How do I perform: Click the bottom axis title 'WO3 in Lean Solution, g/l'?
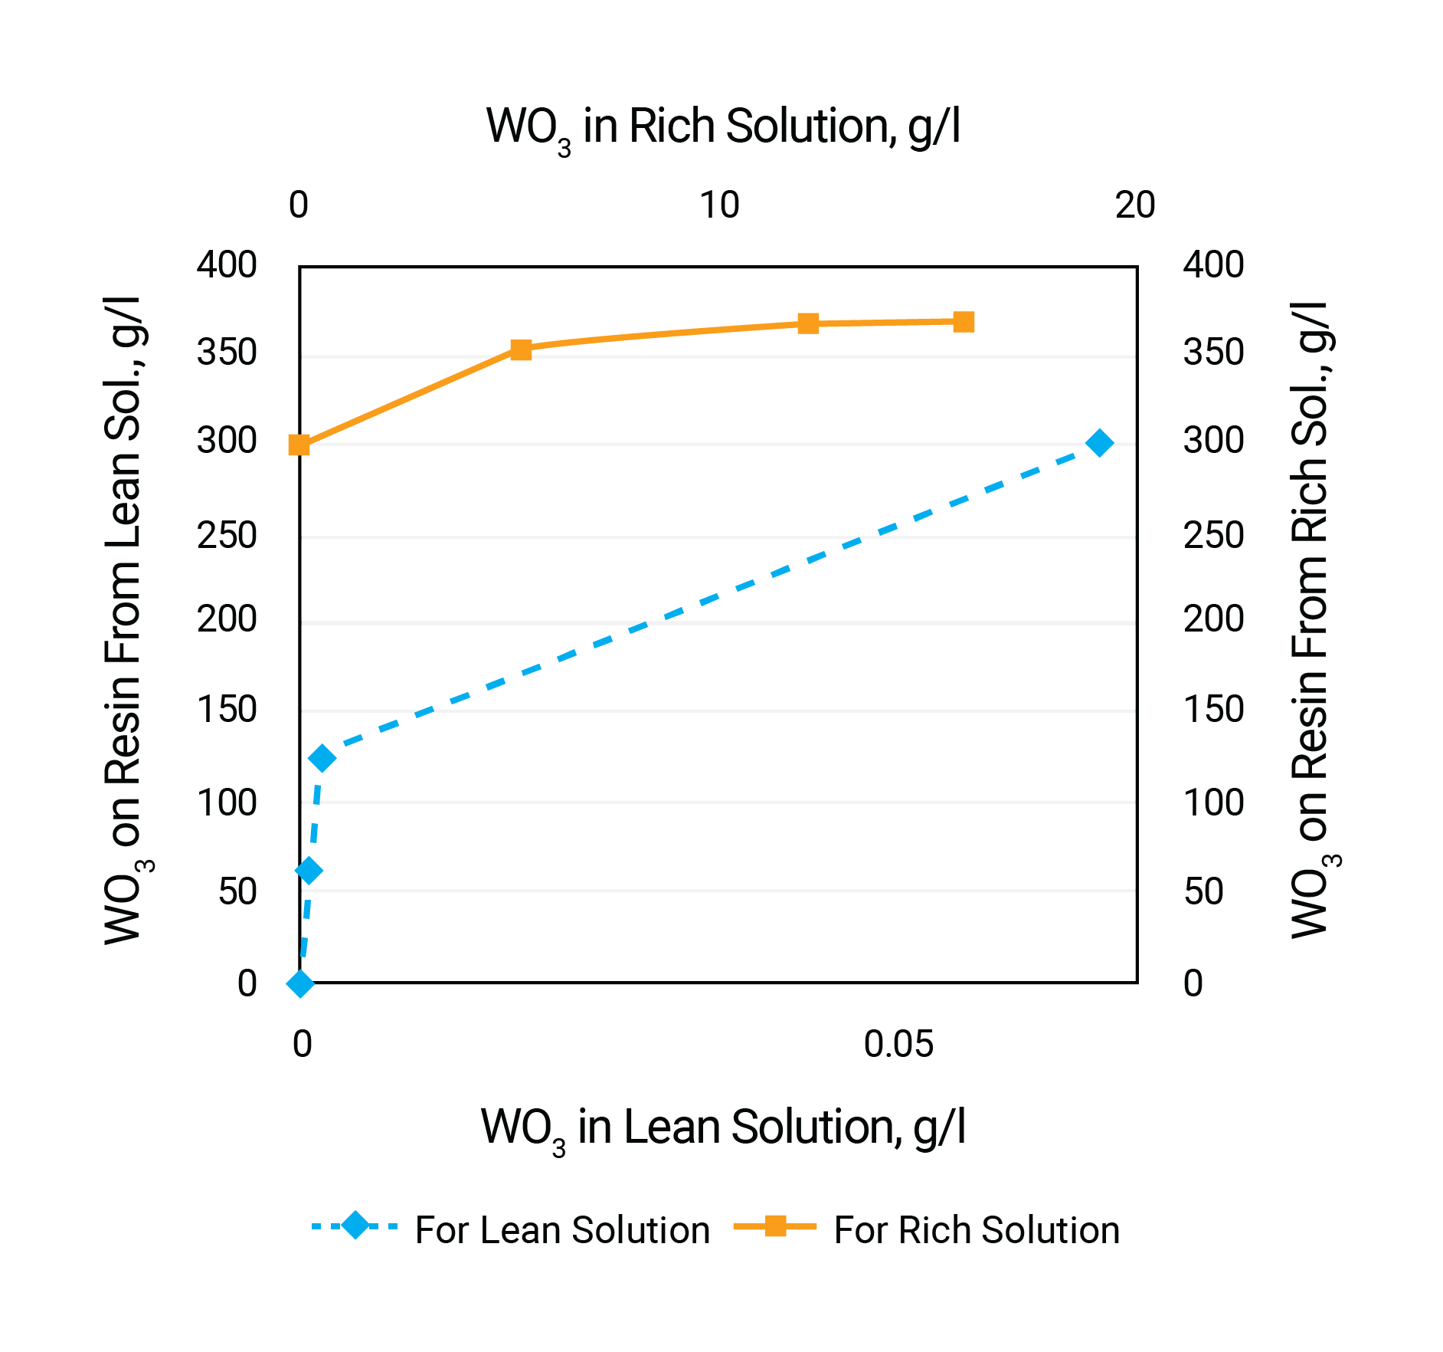[722, 1127]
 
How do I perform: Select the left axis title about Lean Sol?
[125, 621]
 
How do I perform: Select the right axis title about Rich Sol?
[1311, 621]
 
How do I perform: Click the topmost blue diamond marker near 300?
[1100, 443]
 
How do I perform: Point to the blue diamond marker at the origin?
[300, 983]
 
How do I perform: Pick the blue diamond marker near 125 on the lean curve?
[322, 758]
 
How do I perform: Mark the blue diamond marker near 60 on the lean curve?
[309, 870]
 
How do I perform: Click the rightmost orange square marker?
[964, 322]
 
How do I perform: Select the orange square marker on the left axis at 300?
[299, 445]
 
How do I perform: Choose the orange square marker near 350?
[521, 350]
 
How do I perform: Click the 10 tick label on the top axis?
[719, 205]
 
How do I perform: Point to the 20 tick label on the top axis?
[1135, 205]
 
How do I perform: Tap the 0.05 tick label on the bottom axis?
[898, 1044]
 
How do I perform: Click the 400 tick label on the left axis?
[227, 265]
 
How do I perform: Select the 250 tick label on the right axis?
[1213, 535]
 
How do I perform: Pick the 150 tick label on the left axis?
[227, 710]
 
